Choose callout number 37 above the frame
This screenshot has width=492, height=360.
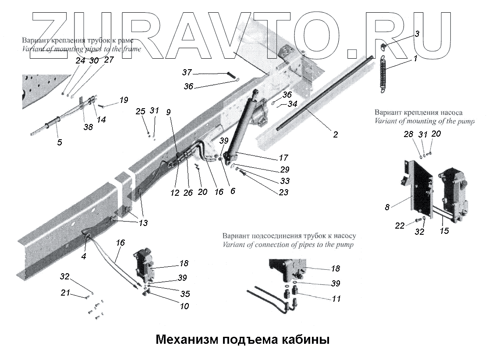coord(188,72)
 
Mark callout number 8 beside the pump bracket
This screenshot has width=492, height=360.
coord(387,207)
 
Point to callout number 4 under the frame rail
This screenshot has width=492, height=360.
coord(84,256)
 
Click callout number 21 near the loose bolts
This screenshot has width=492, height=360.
coord(65,293)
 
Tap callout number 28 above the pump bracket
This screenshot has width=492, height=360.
coord(408,134)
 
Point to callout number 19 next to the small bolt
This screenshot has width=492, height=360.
coord(124,100)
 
